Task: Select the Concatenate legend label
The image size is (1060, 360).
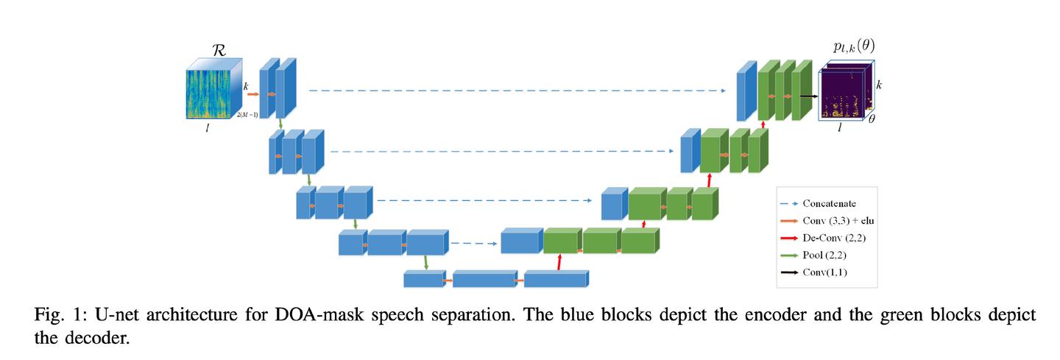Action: point(829,203)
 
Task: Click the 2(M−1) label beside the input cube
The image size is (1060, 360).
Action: point(247,115)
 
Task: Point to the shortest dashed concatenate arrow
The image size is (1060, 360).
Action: point(471,243)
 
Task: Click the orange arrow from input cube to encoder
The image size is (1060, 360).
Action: point(252,94)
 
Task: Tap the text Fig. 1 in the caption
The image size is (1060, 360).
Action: point(54,316)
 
